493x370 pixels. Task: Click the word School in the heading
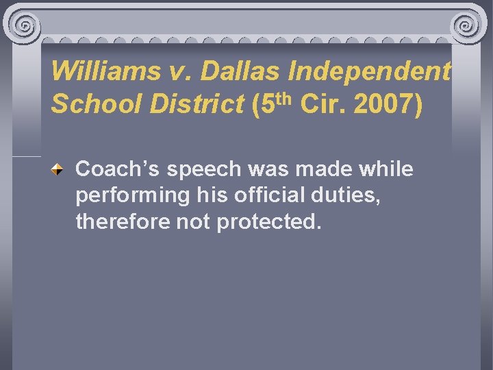[89, 104]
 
